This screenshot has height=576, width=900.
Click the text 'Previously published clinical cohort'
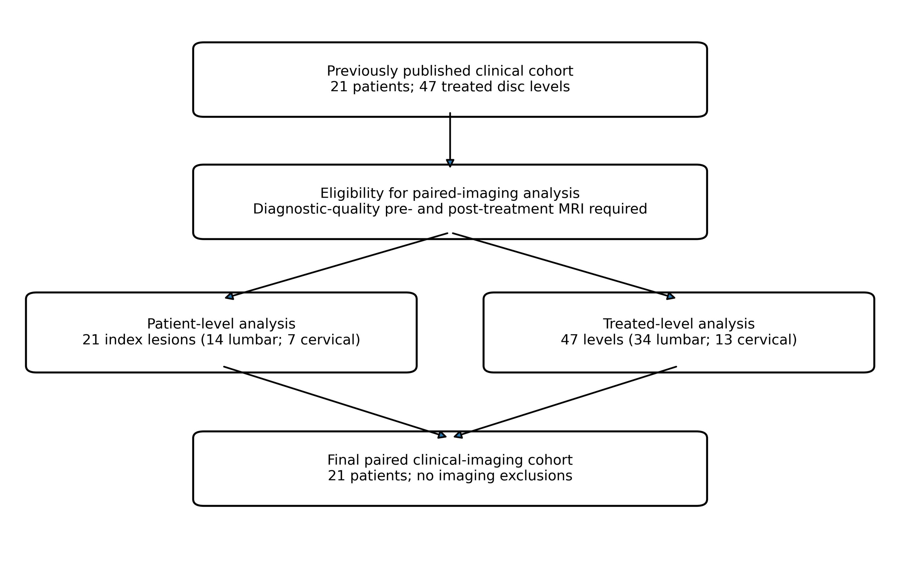click(x=450, y=71)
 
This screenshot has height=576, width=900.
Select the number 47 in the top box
click(x=428, y=87)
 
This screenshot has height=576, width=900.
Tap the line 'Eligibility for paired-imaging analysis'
click(x=450, y=193)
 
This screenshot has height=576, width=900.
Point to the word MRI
click(x=572, y=209)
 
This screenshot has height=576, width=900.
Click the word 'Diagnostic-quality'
click(x=316, y=209)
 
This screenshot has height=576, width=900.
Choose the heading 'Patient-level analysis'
click(x=221, y=324)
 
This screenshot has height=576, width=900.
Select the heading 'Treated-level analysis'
click(x=679, y=324)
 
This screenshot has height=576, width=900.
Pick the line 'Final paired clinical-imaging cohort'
click(x=450, y=460)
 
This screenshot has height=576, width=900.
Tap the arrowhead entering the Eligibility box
click(x=450, y=163)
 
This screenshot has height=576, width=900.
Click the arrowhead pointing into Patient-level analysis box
click(x=230, y=296)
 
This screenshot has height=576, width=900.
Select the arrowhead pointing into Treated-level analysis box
click(x=670, y=296)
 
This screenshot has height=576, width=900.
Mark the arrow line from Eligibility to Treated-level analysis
click(x=564, y=266)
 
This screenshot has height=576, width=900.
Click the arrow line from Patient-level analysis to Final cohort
click(x=335, y=402)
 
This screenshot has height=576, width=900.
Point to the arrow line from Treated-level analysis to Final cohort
click(x=565, y=402)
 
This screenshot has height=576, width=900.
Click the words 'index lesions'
click(x=150, y=340)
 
